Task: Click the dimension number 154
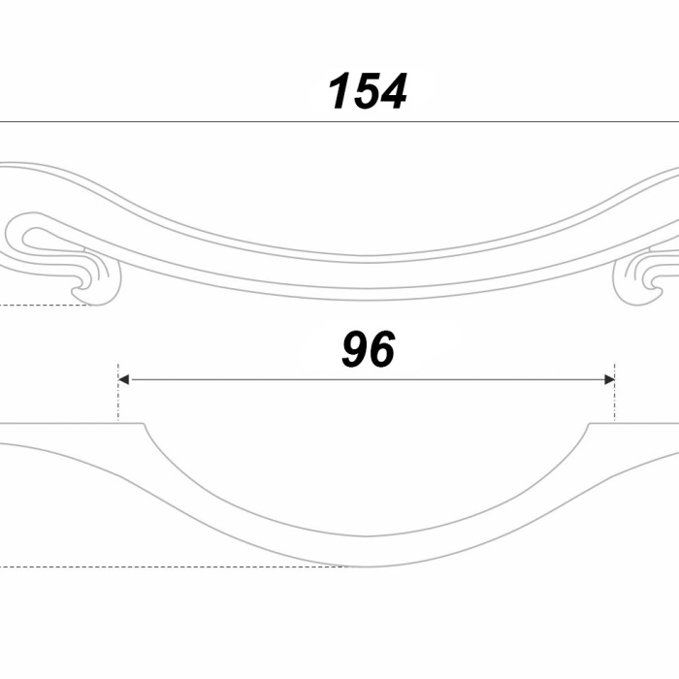pos(368,91)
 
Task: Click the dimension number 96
pos(368,349)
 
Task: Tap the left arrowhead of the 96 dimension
pos(123,380)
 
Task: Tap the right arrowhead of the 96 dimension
pos(609,380)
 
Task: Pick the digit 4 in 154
pos(393,91)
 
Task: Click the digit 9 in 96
pos(355,349)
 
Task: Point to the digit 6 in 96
pos(382,349)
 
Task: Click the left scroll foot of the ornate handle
pos(97,286)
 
